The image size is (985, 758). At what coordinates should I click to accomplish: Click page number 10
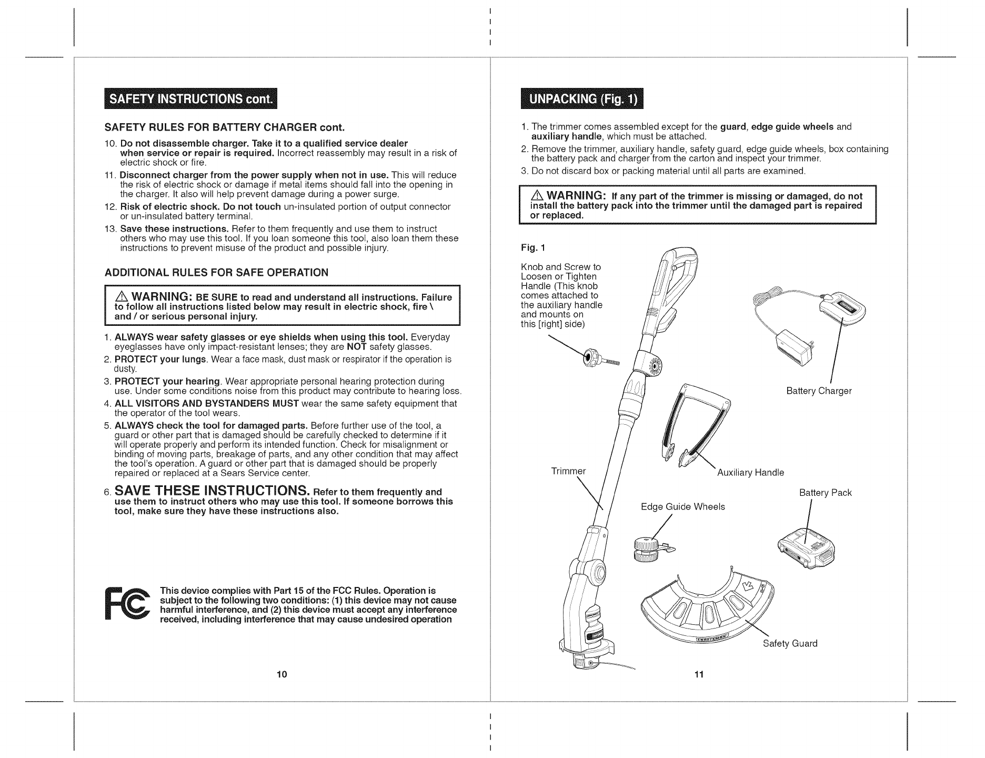click(282, 675)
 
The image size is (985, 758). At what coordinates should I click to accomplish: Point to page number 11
click(698, 675)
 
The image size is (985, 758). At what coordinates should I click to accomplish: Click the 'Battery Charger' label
click(818, 391)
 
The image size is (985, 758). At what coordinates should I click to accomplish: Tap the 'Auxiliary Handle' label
click(750, 473)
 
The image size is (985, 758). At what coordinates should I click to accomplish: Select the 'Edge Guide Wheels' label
click(682, 507)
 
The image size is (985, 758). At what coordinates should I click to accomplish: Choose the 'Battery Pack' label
click(825, 493)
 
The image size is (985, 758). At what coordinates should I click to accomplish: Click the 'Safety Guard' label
click(790, 644)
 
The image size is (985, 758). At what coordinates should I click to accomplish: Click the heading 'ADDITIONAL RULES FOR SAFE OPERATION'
click(216, 272)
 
